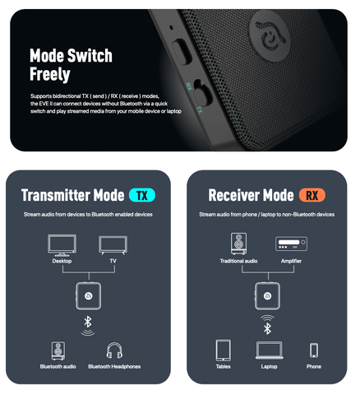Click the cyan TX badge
[x=142, y=196]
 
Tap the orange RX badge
[x=312, y=196]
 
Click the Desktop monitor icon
[x=62, y=245]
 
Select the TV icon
[x=113, y=245]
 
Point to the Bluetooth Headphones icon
[x=114, y=351]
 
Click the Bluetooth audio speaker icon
[x=58, y=351]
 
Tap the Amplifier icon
[x=291, y=244]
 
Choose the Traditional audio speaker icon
[x=238, y=244]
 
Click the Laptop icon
[x=270, y=351]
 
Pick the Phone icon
[x=314, y=351]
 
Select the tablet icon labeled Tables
[x=224, y=350]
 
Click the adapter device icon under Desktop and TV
[x=88, y=296]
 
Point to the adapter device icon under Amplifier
[x=267, y=296]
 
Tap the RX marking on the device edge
[x=189, y=86]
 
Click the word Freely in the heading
[x=50, y=74]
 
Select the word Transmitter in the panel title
[x=56, y=195]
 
